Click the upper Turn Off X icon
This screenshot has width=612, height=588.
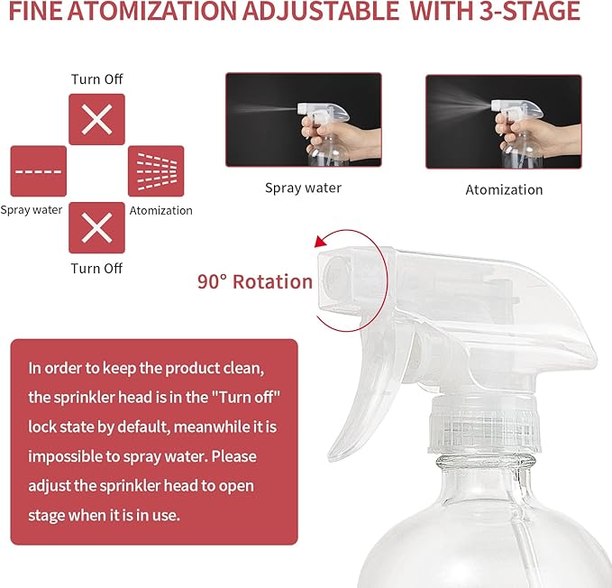click(96, 119)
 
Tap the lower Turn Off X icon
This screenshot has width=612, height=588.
click(96, 227)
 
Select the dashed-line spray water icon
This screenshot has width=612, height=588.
click(38, 171)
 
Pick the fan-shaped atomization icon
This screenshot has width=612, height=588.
click(156, 171)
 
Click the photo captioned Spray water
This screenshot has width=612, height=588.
click(303, 119)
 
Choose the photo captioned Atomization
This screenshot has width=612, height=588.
click(503, 121)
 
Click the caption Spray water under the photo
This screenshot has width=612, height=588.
click(303, 188)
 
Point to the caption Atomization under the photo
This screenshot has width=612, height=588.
click(504, 190)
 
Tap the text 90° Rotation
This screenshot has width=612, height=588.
click(255, 281)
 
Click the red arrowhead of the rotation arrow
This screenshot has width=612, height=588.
click(318, 241)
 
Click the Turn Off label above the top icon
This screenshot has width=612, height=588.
click(96, 79)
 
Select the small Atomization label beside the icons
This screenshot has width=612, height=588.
click(161, 211)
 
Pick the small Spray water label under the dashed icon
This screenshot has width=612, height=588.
click(32, 211)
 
